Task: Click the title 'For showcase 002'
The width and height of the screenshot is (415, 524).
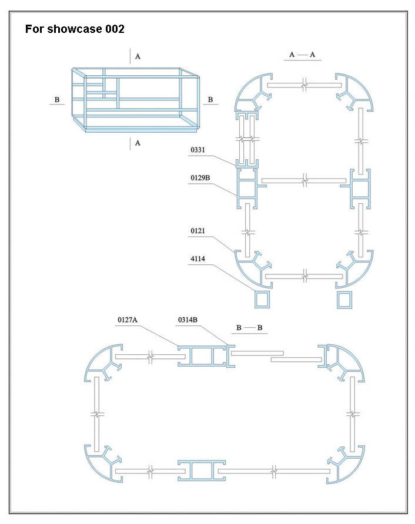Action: [75, 29]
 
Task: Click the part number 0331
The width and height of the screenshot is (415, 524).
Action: [198, 151]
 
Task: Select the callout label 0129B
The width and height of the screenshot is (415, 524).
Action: [201, 177]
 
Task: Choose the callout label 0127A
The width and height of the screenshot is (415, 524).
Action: [127, 320]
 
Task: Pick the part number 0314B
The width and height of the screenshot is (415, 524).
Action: [188, 320]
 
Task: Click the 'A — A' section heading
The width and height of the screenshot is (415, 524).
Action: [302, 55]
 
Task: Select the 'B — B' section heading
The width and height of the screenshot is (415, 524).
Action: [249, 327]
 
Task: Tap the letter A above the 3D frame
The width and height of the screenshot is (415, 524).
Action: [138, 56]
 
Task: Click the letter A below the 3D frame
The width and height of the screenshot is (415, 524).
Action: [138, 143]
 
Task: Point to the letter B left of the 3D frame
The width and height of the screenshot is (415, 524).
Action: [57, 100]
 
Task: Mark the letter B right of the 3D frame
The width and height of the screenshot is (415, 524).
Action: [210, 100]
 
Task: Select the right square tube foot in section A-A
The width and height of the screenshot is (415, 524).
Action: [345, 299]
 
